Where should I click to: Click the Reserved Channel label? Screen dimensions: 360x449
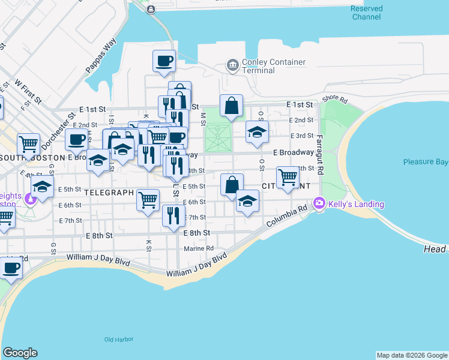[x=366, y=13]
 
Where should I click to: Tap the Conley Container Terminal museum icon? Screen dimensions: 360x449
[x=232, y=64]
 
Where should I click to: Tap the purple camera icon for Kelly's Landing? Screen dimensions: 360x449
[x=319, y=204]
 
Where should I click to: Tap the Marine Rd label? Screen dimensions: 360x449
[x=199, y=248]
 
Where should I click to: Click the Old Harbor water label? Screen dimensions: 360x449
[x=118, y=340]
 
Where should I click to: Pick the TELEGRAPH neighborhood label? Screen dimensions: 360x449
[x=108, y=193]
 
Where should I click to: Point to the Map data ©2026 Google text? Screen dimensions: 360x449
[x=411, y=355]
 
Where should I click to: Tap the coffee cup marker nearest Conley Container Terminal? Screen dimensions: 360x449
[x=164, y=61]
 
